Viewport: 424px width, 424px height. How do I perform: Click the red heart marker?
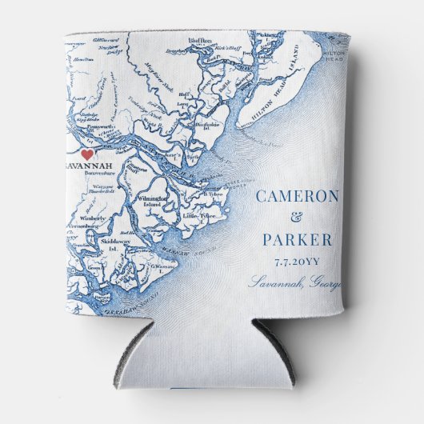tap(87, 155)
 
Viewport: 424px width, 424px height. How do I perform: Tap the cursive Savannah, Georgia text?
tap(294, 282)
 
